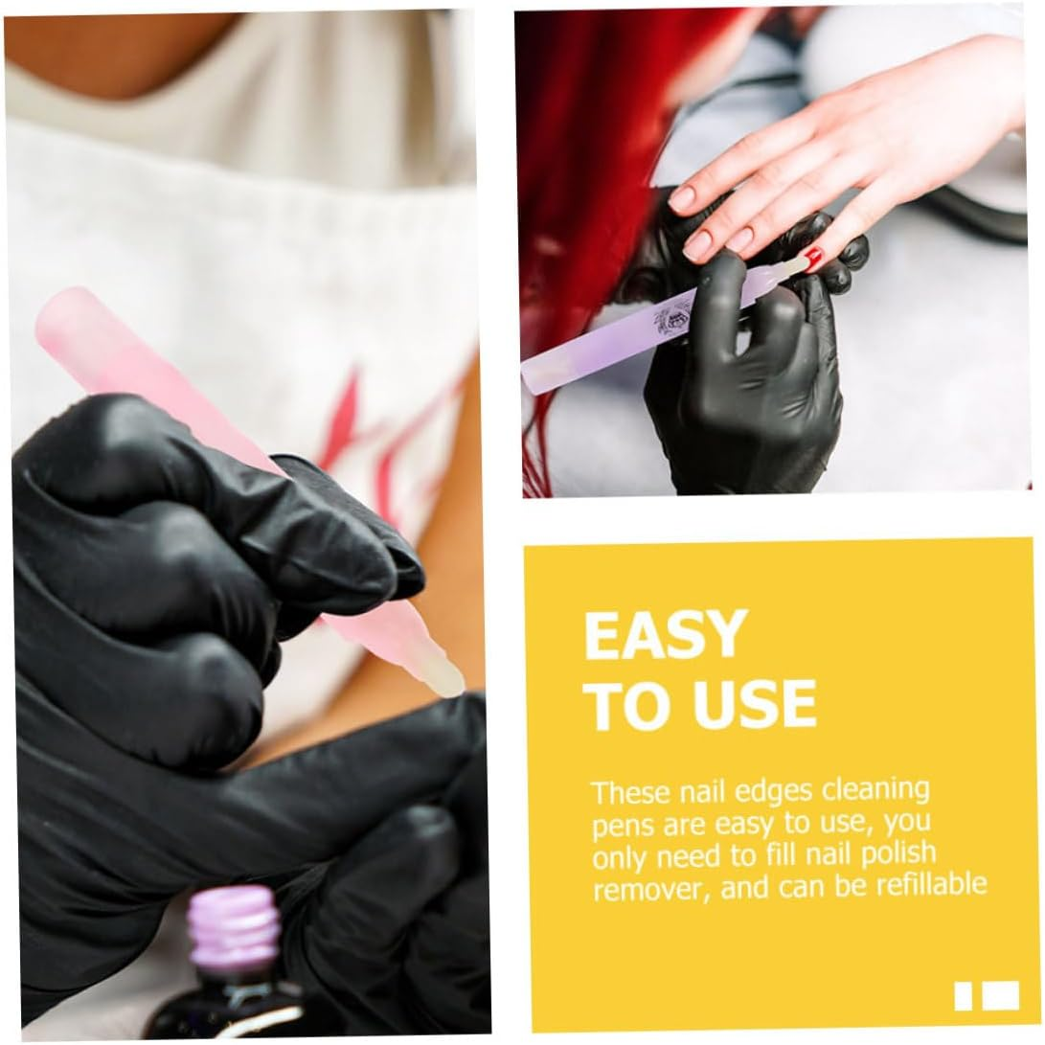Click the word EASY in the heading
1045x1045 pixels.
tap(663, 635)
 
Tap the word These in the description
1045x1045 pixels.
tap(630, 793)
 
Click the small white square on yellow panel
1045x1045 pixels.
tap(964, 996)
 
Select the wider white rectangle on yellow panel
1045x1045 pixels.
tap(1001, 995)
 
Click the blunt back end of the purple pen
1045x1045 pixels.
tap(531, 380)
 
